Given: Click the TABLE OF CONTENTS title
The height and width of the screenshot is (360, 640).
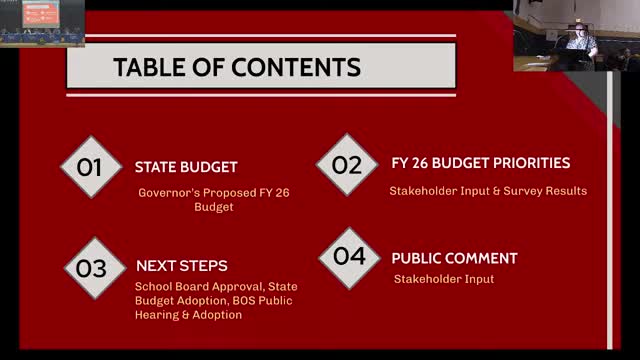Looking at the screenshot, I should coord(236,68).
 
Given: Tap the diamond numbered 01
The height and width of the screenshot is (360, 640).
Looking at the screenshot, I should coord(90,167).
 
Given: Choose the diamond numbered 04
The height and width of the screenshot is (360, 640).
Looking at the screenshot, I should coord(349,256).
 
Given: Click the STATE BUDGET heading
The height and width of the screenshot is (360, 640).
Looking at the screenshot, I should coord(186,167).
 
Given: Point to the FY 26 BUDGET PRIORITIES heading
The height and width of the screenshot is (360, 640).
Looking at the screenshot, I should coord(480,162).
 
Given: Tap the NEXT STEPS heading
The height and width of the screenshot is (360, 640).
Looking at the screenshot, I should coord(181,266).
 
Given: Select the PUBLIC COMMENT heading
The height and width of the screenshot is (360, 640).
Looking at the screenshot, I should coord(454,258).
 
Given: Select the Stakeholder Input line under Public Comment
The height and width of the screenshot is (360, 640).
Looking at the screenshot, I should coord(443,279).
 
